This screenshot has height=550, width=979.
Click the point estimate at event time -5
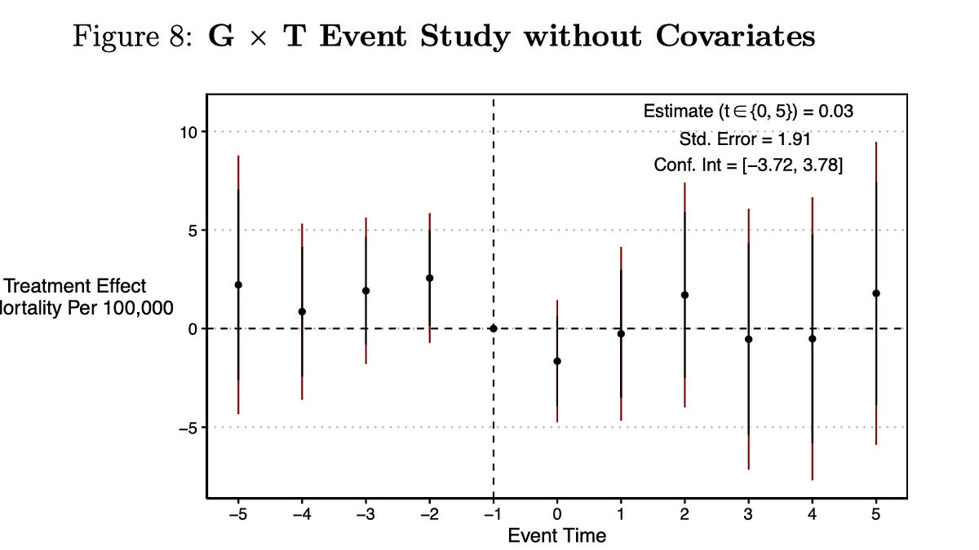[238, 284]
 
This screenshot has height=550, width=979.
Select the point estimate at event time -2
[429, 278]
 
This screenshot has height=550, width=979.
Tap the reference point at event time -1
[493, 328]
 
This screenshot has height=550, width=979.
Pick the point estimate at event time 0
[557, 361]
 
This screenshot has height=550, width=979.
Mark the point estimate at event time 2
[684, 295]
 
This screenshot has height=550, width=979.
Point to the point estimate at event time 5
[876, 293]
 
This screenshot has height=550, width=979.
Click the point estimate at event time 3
[748, 339]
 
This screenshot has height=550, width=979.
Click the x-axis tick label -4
[302, 515]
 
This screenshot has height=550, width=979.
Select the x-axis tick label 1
[621, 515]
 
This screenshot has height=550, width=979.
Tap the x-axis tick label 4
[812, 515]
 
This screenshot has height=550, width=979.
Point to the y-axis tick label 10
[188, 132]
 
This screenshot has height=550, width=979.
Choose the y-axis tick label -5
[188, 428]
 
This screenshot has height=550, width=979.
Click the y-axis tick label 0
[193, 329]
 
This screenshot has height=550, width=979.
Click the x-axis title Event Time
[557, 535]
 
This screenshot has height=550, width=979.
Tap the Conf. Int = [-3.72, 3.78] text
[748, 165]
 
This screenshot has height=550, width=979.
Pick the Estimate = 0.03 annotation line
[748, 112]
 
